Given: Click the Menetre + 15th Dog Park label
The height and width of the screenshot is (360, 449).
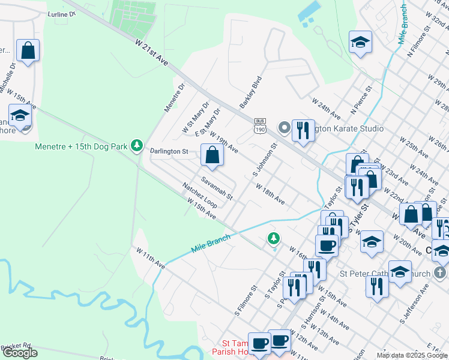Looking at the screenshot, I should pos(82,145).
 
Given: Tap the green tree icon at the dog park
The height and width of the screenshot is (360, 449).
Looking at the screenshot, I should pos(137,145).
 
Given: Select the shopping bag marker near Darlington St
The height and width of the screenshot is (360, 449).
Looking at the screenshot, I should pos(212,155).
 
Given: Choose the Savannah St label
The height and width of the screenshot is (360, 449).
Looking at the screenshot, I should pos(217,188).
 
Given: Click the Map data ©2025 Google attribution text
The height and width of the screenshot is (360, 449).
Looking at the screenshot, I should pos(412,355).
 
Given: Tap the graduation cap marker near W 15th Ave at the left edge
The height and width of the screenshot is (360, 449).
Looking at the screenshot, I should pos(20,115).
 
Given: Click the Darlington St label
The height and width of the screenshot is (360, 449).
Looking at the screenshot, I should pos(169,152).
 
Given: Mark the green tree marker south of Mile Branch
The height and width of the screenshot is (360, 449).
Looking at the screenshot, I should pos(274,239).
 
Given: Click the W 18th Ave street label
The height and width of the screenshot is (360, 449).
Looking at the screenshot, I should pos(270,194).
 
